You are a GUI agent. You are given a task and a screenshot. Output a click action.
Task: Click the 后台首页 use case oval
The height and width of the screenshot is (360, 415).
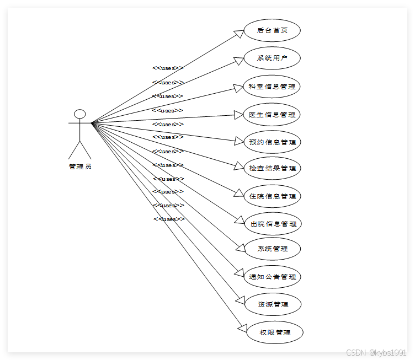pyautogui.click(x=272, y=30)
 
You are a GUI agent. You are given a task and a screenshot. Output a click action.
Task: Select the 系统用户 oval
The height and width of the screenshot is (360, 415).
pyautogui.click(x=272, y=58)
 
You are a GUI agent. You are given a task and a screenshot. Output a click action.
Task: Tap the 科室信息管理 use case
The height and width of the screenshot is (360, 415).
pyautogui.click(x=272, y=87)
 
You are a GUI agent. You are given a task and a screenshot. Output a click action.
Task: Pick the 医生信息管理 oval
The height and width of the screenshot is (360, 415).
pyautogui.click(x=272, y=115)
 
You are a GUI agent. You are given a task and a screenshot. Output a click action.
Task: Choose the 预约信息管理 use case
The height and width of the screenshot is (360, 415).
pyautogui.click(x=272, y=142)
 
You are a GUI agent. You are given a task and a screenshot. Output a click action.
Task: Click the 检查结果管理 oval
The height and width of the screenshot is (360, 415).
pyautogui.click(x=272, y=169)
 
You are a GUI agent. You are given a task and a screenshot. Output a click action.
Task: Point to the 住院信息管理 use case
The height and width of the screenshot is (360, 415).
pyautogui.click(x=272, y=196)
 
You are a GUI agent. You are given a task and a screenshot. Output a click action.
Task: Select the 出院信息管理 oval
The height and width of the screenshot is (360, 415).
pyautogui.click(x=272, y=224)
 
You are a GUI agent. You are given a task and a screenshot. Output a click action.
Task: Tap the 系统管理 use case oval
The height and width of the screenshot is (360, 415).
pyautogui.click(x=272, y=249)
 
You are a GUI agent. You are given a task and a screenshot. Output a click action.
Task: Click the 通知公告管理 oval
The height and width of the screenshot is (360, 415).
pyautogui.click(x=272, y=277)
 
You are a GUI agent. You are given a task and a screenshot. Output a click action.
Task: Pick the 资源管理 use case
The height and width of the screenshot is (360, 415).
pyautogui.click(x=272, y=304)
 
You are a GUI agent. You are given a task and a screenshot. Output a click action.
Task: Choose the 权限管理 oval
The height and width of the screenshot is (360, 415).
pyautogui.click(x=274, y=332)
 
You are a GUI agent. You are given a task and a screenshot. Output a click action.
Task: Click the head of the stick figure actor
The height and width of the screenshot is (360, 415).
pyautogui.click(x=80, y=114)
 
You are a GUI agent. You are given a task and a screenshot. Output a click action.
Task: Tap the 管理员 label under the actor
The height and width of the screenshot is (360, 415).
pyautogui.click(x=80, y=166)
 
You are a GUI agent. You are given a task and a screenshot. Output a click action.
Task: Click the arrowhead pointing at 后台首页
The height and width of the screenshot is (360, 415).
pyautogui.click(x=239, y=34)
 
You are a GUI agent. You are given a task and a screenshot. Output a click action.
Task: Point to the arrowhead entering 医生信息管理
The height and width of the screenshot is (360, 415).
pyautogui.click(x=239, y=115)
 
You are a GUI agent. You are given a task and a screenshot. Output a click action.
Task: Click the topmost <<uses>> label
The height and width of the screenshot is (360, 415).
pyautogui.click(x=168, y=68)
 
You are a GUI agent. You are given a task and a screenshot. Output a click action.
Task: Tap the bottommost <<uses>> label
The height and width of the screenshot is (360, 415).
pyautogui.click(x=169, y=219)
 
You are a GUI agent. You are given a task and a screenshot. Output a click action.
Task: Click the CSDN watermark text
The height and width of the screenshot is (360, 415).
pyautogui.click(x=376, y=352)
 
